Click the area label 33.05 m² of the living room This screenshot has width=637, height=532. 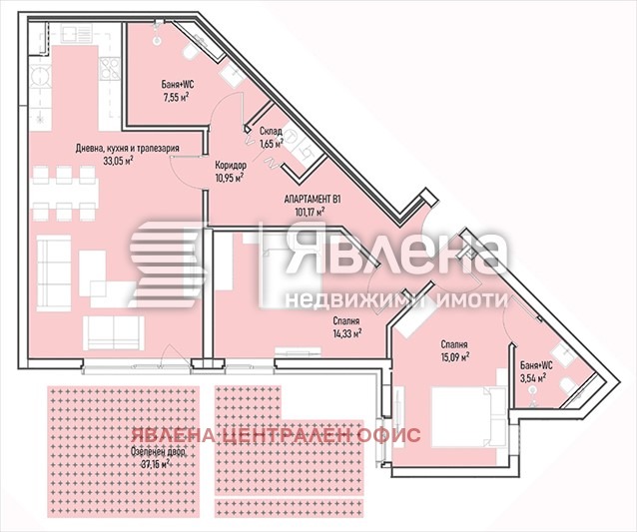tap(118, 159)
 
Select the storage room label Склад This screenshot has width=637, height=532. tap(271, 131)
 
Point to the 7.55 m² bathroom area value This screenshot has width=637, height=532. tap(177, 99)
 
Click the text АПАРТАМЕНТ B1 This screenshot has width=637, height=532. tap(314, 199)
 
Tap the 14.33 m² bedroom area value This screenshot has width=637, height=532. tap(345, 334)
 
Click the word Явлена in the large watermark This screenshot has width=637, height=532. tap(393, 252)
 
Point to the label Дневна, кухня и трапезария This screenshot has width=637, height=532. tap(127, 148)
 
